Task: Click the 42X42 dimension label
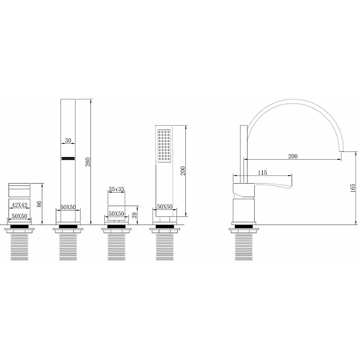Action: click(x=19, y=205)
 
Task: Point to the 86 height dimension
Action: click(x=39, y=204)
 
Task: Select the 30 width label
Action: click(x=68, y=140)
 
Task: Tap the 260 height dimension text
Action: click(x=88, y=162)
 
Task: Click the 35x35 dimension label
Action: click(x=117, y=189)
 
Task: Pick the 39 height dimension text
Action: click(x=135, y=216)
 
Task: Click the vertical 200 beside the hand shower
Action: click(x=183, y=171)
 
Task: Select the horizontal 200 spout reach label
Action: click(x=293, y=156)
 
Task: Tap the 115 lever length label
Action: click(x=262, y=172)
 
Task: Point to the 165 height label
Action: click(x=353, y=188)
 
